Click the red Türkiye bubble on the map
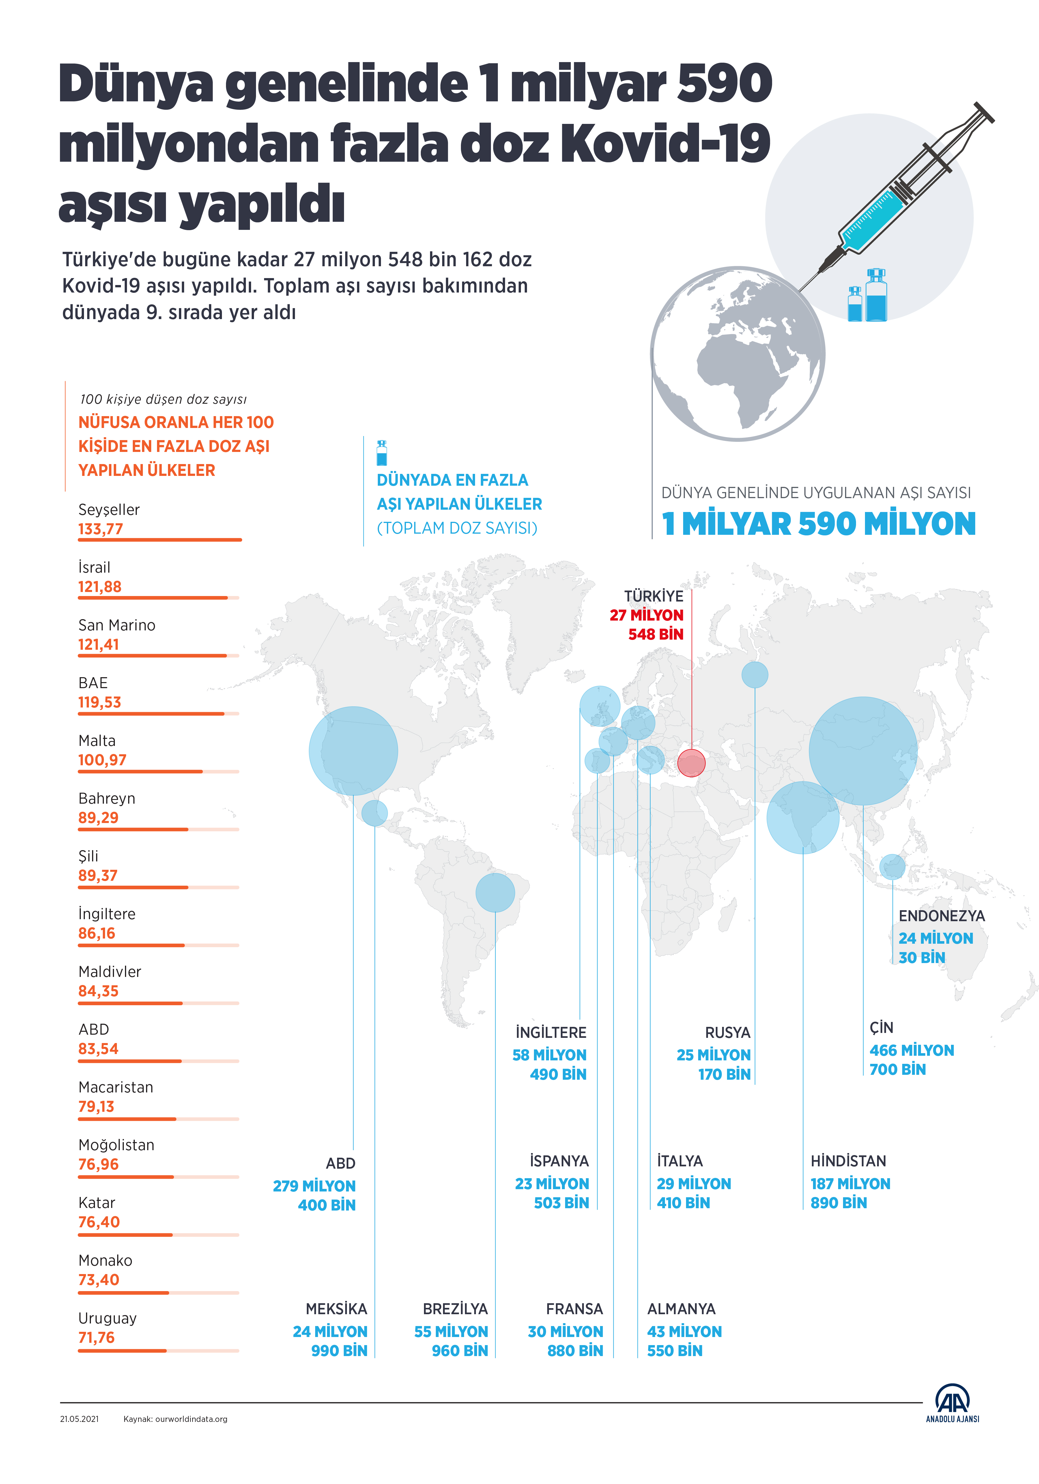coord(692,763)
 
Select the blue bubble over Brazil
coord(495,893)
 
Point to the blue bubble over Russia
coord(755,675)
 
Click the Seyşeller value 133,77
coord(100,529)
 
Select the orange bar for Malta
coord(140,771)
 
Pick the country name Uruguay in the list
coord(107,1319)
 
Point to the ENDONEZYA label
coord(941,916)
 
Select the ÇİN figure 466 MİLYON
coord(911,1050)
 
